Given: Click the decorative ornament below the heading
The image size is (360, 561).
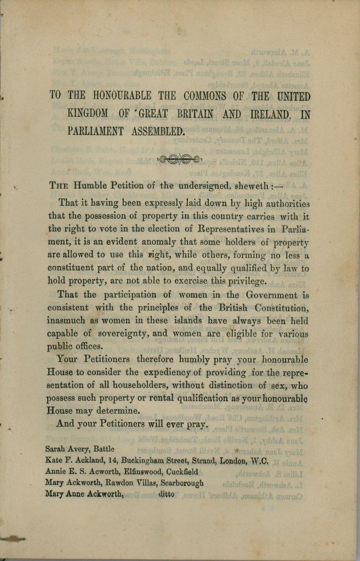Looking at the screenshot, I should [180, 160].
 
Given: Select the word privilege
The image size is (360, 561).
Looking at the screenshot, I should [239, 281].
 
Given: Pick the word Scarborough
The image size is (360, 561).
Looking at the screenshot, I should [176, 483].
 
